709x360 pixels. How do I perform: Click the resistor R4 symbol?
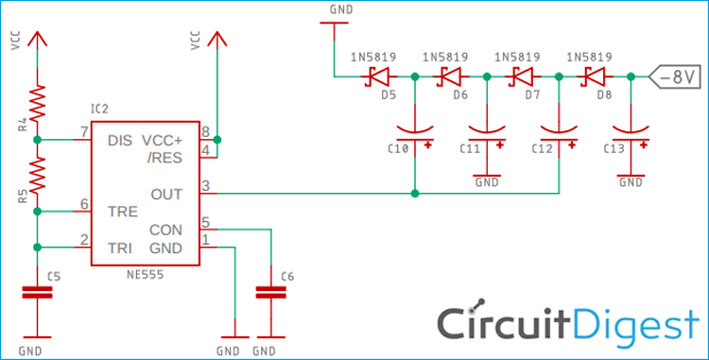coord(37,101)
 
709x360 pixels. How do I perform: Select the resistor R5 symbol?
coord(37,174)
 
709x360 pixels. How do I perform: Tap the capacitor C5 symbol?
coord(37,294)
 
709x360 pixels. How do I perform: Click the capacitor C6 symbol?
coord(271,294)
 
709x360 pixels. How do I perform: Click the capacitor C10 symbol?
coord(415,131)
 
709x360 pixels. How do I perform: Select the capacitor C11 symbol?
coord(487,131)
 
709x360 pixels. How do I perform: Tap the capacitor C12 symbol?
coord(558,131)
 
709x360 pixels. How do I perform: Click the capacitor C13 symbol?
coord(630,131)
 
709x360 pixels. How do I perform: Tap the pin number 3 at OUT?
coord(206,185)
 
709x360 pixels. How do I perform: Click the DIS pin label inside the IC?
coord(120,140)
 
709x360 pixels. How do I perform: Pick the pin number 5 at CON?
coord(206,223)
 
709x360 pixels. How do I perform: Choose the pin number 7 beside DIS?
coord(84,130)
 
